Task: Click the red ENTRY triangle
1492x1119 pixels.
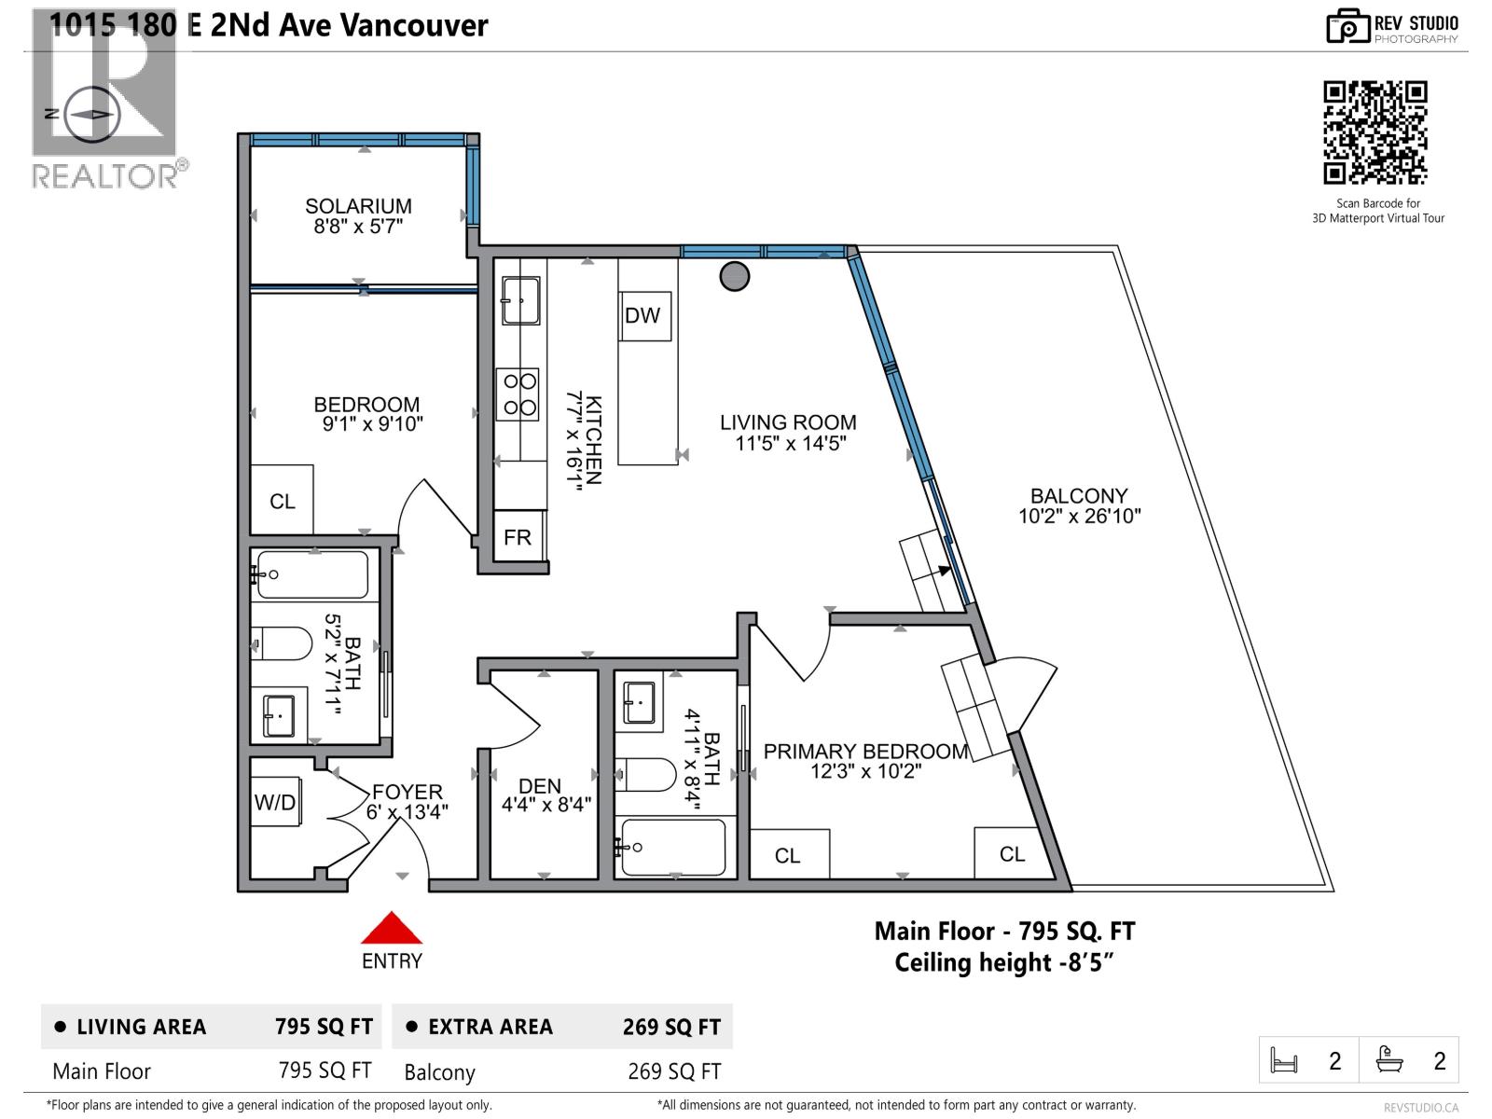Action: (392, 929)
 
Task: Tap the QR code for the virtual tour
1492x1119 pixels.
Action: (1375, 132)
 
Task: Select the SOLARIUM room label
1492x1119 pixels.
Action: (358, 206)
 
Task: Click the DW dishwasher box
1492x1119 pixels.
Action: (643, 315)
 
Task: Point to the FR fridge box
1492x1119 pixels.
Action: (518, 537)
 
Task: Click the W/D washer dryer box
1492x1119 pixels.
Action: (276, 802)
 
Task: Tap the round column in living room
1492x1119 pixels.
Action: (735, 276)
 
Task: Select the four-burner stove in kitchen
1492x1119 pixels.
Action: (517, 394)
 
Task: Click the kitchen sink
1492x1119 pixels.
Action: (520, 300)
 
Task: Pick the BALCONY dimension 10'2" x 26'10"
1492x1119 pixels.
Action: (1079, 517)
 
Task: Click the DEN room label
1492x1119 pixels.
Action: (540, 786)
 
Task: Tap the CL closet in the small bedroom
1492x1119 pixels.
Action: (283, 502)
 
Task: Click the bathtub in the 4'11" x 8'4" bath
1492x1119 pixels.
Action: (671, 847)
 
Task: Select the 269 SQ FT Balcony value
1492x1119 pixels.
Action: (674, 1071)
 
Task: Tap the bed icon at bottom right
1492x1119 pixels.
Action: (1285, 1061)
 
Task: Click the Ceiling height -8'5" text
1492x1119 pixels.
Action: (1004, 962)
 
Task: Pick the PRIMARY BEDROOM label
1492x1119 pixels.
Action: (865, 752)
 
